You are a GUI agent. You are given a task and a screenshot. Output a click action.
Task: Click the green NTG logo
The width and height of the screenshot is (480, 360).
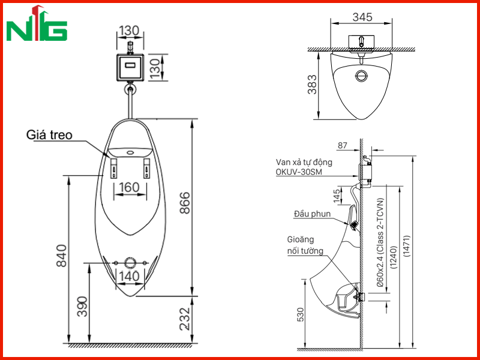37,23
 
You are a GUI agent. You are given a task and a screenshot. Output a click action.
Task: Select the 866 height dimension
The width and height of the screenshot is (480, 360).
185,203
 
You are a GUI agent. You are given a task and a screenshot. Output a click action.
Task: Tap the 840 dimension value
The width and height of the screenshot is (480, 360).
62,256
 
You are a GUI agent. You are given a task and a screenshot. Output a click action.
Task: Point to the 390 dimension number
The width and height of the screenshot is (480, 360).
83,307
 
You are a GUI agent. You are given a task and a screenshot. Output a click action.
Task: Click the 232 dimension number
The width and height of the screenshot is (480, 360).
185,319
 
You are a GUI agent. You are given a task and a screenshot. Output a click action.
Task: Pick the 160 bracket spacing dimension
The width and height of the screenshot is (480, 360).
130,187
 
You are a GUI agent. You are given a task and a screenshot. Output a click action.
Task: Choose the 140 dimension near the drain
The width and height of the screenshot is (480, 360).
130,276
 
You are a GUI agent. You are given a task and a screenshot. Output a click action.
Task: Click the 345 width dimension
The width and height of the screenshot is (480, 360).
362,17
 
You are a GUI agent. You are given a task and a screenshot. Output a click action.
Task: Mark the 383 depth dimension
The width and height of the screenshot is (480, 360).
312,84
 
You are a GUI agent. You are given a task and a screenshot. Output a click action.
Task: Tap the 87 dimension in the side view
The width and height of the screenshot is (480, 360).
342,145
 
